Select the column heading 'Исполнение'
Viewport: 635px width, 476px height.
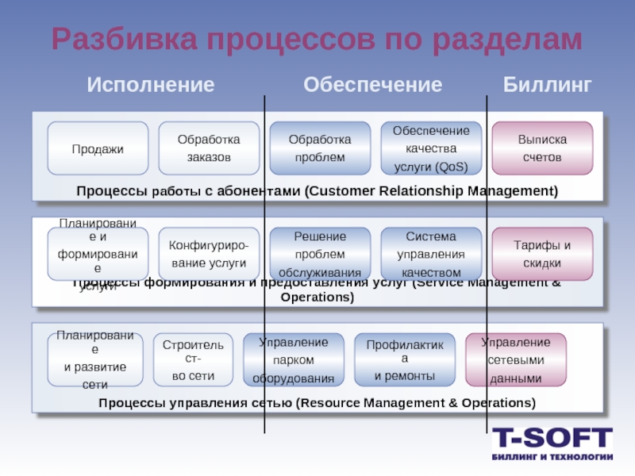click(x=151, y=85)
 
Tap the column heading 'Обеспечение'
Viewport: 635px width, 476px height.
click(x=373, y=85)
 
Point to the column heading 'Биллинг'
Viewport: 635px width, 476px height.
click(x=548, y=85)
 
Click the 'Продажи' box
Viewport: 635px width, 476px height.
click(x=98, y=148)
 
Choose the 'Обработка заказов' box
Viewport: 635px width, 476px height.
click(x=209, y=148)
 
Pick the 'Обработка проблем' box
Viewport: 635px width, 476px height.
click(x=320, y=148)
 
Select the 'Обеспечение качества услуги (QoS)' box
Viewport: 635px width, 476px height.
click(x=431, y=148)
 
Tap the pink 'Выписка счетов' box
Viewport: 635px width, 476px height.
click(x=542, y=148)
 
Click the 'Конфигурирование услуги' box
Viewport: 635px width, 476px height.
click(x=209, y=254)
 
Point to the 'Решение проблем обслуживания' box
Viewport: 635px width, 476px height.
click(x=320, y=254)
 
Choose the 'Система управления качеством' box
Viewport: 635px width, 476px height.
click(x=431, y=254)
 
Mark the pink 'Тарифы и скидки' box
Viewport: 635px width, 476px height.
click(x=542, y=254)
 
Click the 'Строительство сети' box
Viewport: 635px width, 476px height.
click(x=193, y=360)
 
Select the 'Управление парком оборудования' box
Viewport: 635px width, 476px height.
click(x=294, y=360)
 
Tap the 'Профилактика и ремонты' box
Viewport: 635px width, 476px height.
click(x=405, y=360)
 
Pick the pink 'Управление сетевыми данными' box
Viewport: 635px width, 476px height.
click(x=516, y=360)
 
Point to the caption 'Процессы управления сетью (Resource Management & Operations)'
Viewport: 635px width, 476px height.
click(x=317, y=403)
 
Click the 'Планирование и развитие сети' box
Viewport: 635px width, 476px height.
click(x=95, y=360)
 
